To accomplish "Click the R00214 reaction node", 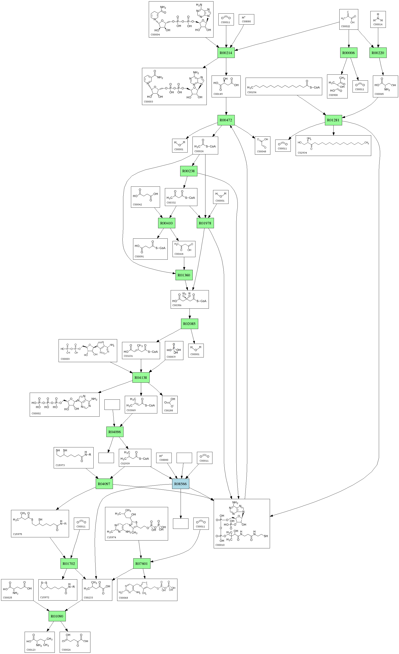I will coord(226,53).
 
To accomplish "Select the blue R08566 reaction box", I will coord(181,484).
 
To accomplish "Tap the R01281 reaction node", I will coord(333,120).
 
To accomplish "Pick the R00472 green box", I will coord(226,120).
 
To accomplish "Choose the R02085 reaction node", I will coord(189,324).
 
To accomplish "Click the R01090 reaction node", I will coord(57,616).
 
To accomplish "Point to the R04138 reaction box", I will coord(141,377).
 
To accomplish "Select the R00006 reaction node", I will coord(348,53).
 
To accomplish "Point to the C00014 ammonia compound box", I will coord(378,19).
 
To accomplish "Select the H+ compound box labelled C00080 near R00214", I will coord(246,19).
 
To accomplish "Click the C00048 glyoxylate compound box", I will coord(263,146).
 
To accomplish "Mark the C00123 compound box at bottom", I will coord(39,642).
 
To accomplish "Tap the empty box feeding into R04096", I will coord(112,405).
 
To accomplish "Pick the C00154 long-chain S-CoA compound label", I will coord(252,92).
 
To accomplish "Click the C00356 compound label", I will coord(177,305).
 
